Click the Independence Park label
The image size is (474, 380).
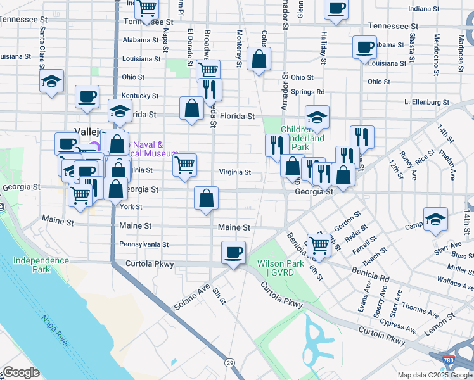point(41,265)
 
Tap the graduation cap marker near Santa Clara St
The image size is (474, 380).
point(52,81)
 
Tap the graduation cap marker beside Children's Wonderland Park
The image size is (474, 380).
point(316,117)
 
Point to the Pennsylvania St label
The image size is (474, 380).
point(144,244)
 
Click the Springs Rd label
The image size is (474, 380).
point(308,92)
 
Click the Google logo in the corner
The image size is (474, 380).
point(21,372)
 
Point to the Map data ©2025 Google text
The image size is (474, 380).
point(433,375)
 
